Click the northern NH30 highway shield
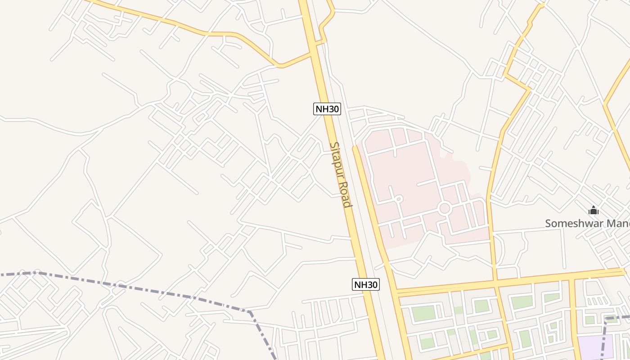pyautogui.click(x=327, y=108)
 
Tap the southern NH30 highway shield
pyautogui.click(x=365, y=284)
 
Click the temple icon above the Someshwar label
pyautogui.click(x=594, y=210)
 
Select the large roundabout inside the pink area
pyautogui.click(x=445, y=208)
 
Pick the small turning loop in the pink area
pyautogui.click(x=399, y=198)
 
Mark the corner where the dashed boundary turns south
pyautogui.click(x=250, y=311)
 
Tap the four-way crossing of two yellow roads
pyautogui.click(x=496, y=283)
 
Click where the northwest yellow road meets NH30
pyautogui.click(x=313, y=54)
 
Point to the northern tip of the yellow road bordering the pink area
pyautogui.click(x=355, y=147)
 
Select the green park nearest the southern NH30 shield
pyautogui.click(x=423, y=313)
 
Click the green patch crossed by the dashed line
pyautogui.click(x=611, y=319)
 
